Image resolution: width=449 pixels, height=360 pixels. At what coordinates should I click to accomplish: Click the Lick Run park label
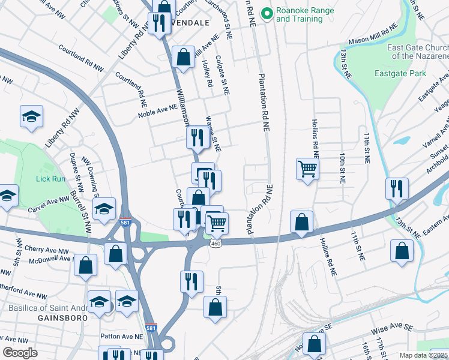pyautogui.click(x=49, y=179)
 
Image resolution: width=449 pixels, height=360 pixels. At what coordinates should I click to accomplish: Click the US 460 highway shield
pyautogui.click(x=215, y=243)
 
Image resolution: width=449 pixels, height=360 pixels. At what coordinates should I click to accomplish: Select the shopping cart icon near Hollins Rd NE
pyautogui.click(x=307, y=169)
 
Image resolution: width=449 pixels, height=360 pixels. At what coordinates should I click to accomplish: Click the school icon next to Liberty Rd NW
pyautogui.click(x=32, y=116)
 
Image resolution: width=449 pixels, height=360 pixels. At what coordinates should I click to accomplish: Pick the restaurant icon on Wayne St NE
pyautogui.click(x=197, y=137)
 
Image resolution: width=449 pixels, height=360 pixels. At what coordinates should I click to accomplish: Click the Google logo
pyautogui.click(x=20, y=353)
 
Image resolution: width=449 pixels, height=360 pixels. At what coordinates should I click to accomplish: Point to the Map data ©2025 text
pyautogui.click(x=423, y=355)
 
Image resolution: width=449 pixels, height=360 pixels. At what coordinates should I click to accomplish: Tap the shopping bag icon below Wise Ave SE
pyautogui.click(x=314, y=344)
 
